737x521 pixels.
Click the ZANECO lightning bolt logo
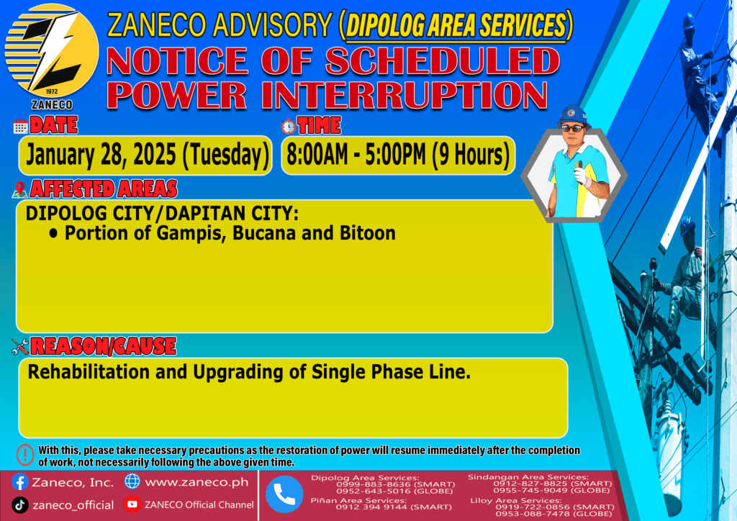click(52, 51)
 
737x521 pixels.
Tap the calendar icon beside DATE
click(20, 127)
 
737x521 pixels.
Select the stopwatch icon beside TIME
click(289, 126)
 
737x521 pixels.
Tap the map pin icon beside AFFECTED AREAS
click(19, 189)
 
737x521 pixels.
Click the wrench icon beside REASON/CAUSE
click(20, 347)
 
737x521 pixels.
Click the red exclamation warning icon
click(25, 455)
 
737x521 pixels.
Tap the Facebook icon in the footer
click(19, 482)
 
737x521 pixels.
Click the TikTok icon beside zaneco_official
click(19, 505)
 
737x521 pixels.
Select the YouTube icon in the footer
click(132, 504)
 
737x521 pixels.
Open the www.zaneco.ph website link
click(196, 482)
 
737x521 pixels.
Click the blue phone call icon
click(284, 494)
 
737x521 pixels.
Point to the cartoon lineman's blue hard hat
click(573, 115)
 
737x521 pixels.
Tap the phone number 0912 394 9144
click(371, 507)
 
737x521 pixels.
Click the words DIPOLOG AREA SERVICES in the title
click(456, 24)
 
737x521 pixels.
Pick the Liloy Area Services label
click(515, 500)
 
